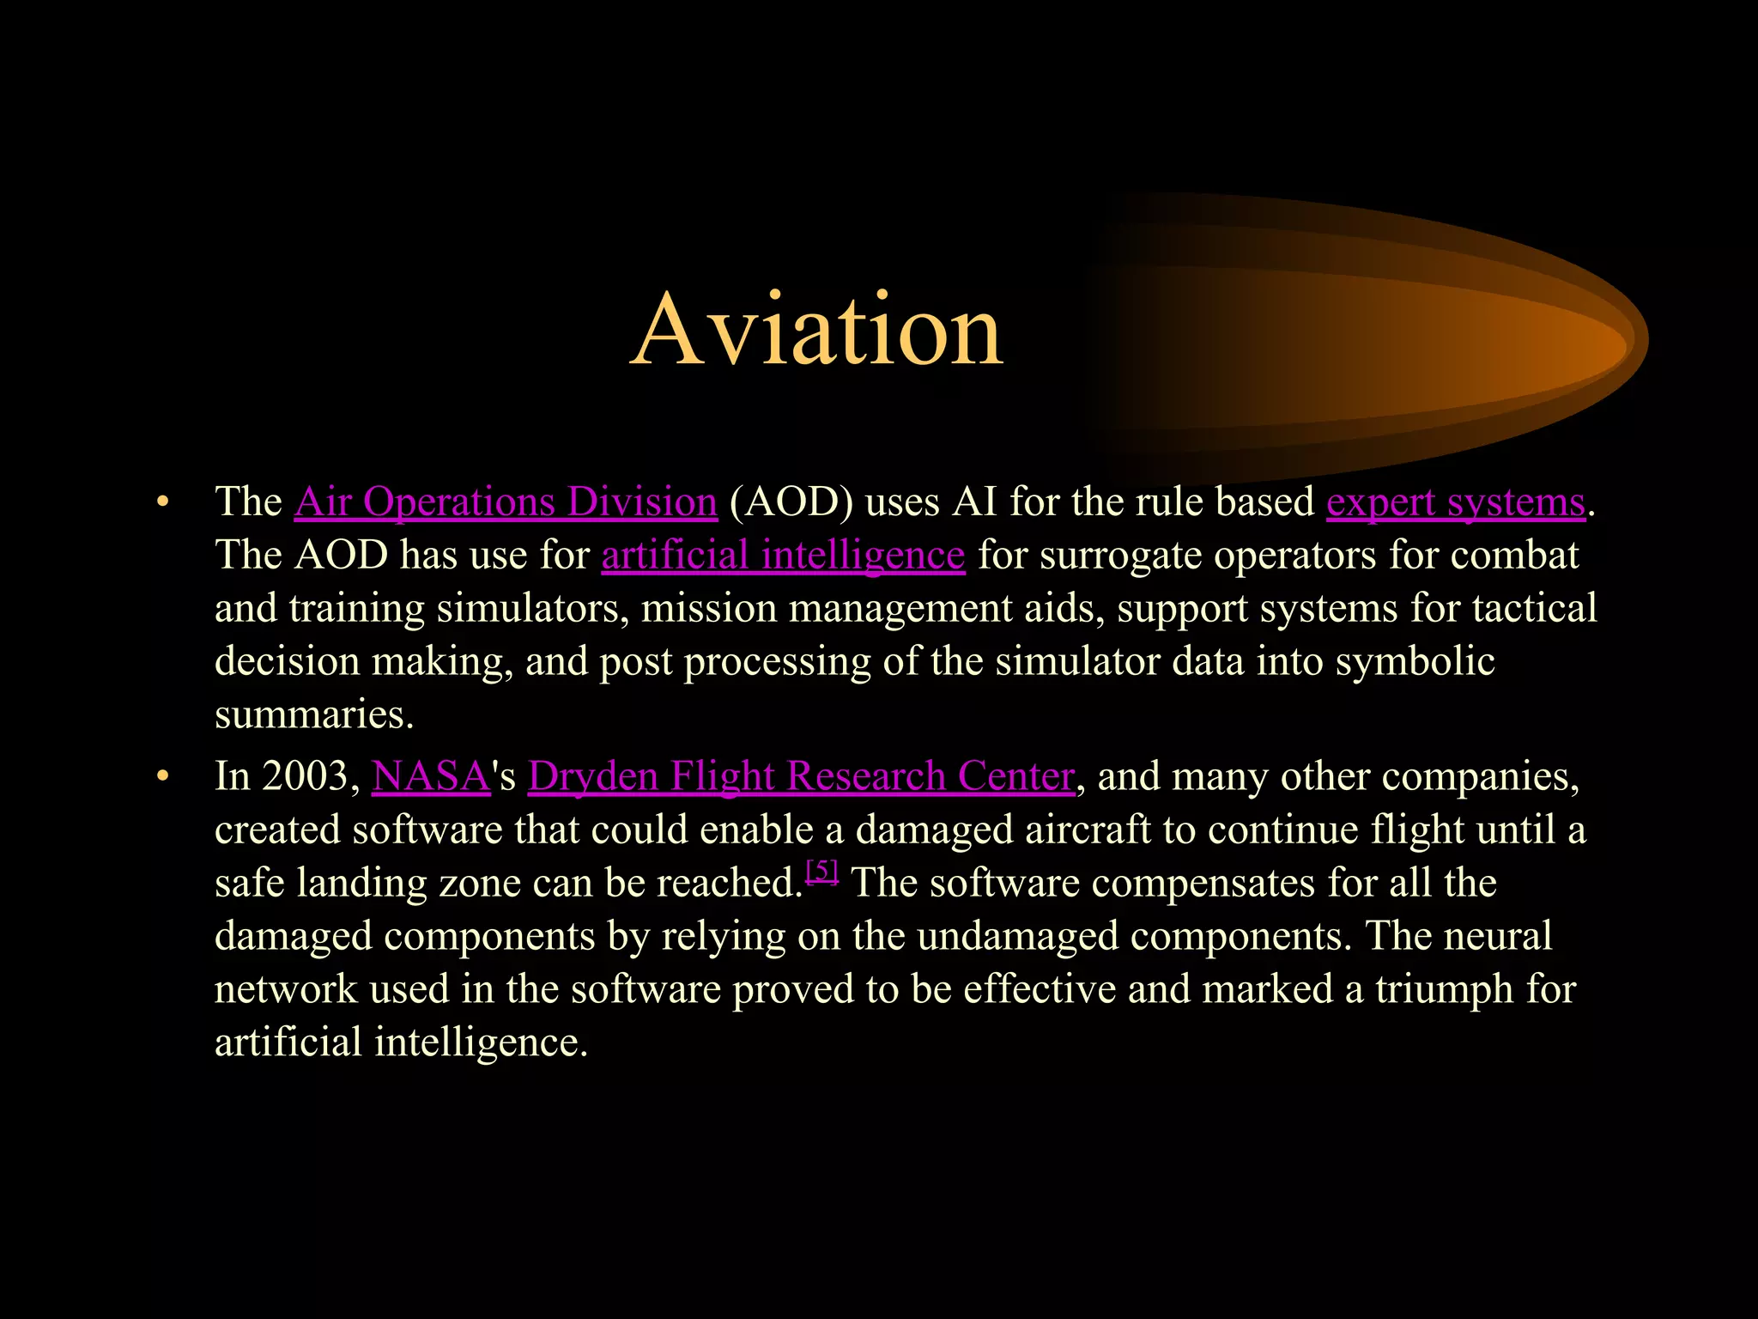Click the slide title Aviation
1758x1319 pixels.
816,331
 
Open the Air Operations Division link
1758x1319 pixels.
506,501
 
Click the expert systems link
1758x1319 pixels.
1455,501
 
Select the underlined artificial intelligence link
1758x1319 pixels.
783,555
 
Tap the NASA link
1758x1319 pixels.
431,776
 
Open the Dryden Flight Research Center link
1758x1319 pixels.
801,776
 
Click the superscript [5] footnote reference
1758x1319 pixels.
822,872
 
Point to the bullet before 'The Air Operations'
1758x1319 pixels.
162,503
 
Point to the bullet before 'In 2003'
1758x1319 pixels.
162,778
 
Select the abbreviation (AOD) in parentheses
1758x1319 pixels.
791,501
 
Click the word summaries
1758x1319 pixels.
314,714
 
